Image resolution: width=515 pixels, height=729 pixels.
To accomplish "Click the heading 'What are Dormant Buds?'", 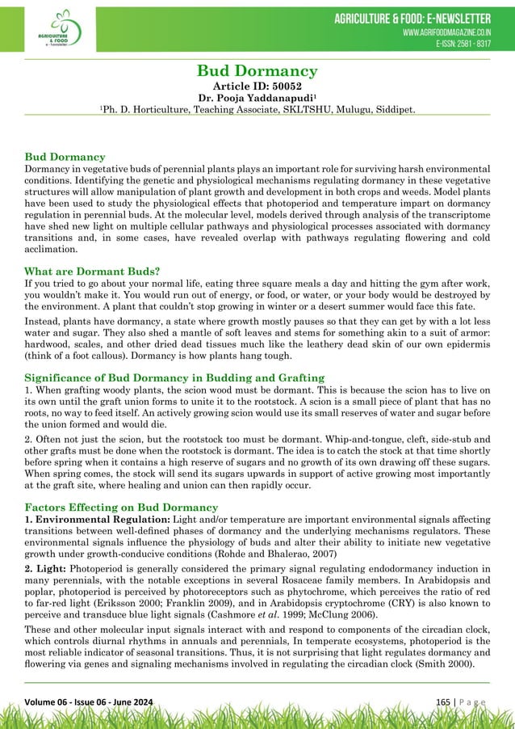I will coord(94,272).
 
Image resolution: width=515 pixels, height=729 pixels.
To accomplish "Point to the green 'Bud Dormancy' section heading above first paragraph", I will coord(65,154).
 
